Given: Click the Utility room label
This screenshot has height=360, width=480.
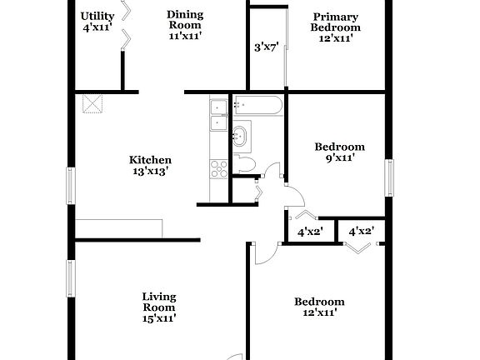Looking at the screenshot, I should (x=97, y=16).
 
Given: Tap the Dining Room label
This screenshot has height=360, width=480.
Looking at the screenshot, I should (x=184, y=19).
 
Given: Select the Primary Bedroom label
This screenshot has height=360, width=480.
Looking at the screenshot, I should (x=336, y=22).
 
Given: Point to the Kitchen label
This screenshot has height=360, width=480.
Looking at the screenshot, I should (x=150, y=160).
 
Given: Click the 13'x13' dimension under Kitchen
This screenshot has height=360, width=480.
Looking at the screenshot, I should (x=150, y=172).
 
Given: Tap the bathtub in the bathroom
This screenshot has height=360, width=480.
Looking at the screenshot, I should (x=258, y=105).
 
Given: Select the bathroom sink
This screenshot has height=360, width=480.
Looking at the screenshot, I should (x=241, y=134).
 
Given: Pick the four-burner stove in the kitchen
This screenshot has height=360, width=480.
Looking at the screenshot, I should (x=219, y=169).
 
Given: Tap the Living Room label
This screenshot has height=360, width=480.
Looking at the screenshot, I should (x=158, y=301).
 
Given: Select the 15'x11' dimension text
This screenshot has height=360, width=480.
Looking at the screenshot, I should (x=158, y=317).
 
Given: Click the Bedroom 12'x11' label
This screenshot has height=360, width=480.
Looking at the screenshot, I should (x=318, y=307).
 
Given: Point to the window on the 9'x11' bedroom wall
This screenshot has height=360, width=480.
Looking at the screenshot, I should (x=388, y=177).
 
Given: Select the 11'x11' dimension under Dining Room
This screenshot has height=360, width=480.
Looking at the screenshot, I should (x=184, y=36).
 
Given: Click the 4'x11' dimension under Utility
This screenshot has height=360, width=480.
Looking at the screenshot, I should (x=97, y=28).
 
